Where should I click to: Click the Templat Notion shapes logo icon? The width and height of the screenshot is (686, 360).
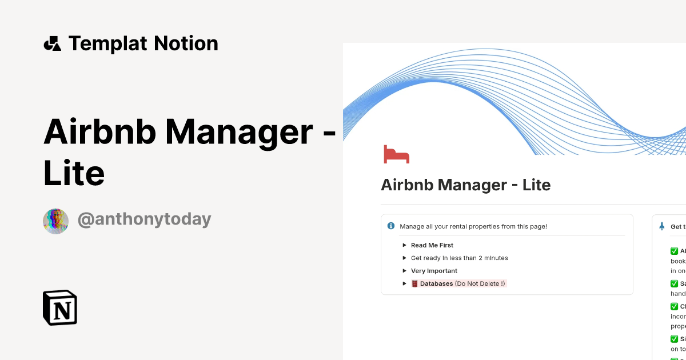click(x=52, y=43)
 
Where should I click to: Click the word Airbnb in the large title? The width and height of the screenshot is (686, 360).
click(x=99, y=131)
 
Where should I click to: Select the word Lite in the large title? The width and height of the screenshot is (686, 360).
click(x=74, y=174)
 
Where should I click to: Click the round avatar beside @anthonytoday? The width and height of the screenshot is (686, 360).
click(x=55, y=221)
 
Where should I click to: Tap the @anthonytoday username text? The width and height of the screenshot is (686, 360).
click(x=144, y=219)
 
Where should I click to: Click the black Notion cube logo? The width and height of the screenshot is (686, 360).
click(x=60, y=307)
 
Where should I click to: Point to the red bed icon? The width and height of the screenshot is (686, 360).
click(x=396, y=155)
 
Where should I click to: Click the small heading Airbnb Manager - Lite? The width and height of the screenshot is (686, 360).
click(x=465, y=185)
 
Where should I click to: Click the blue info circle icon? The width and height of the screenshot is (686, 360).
click(x=391, y=226)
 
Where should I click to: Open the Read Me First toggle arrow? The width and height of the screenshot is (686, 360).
click(x=404, y=245)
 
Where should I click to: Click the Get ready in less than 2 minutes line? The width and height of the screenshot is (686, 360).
click(x=459, y=258)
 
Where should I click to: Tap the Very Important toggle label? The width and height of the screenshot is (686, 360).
click(x=434, y=271)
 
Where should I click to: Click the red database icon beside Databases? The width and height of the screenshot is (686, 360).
click(x=414, y=283)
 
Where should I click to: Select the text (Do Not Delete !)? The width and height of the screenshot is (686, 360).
click(x=480, y=283)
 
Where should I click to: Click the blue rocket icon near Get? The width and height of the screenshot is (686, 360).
click(x=661, y=226)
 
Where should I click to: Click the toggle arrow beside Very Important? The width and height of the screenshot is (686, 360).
click(x=404, y=271)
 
